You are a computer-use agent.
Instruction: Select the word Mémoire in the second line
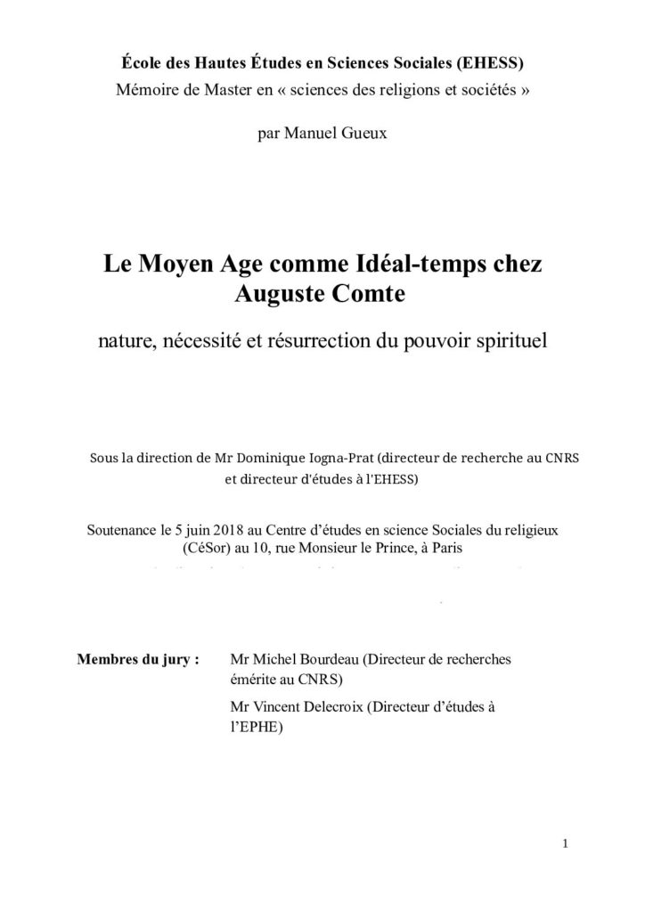pyautogui.click(x=144, y=88)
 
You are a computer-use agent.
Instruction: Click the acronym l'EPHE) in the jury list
pyautogui.click(x=256, y=727)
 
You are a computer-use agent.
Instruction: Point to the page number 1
pyautogui.click(x=565, y=844)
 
